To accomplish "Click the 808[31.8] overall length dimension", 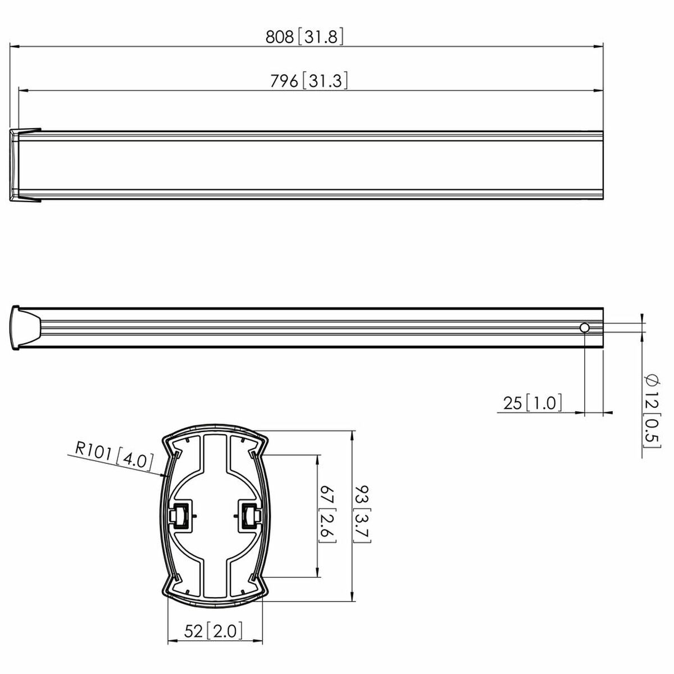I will click(304, 37).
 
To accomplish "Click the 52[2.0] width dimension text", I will click(214, 631).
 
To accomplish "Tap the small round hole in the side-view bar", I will click(585, 328).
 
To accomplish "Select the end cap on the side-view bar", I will click(25, 327).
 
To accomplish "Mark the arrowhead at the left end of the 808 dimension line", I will click(15, 47).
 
